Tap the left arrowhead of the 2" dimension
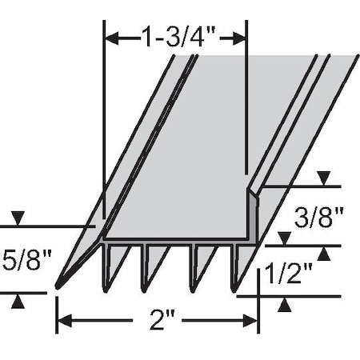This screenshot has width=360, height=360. click(x=63, y=322)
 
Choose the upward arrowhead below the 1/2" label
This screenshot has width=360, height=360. click(x=285, y=304)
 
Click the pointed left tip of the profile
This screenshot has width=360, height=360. click(x=58, y=285)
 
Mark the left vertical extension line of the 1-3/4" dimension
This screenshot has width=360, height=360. click(x=105, y=120)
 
